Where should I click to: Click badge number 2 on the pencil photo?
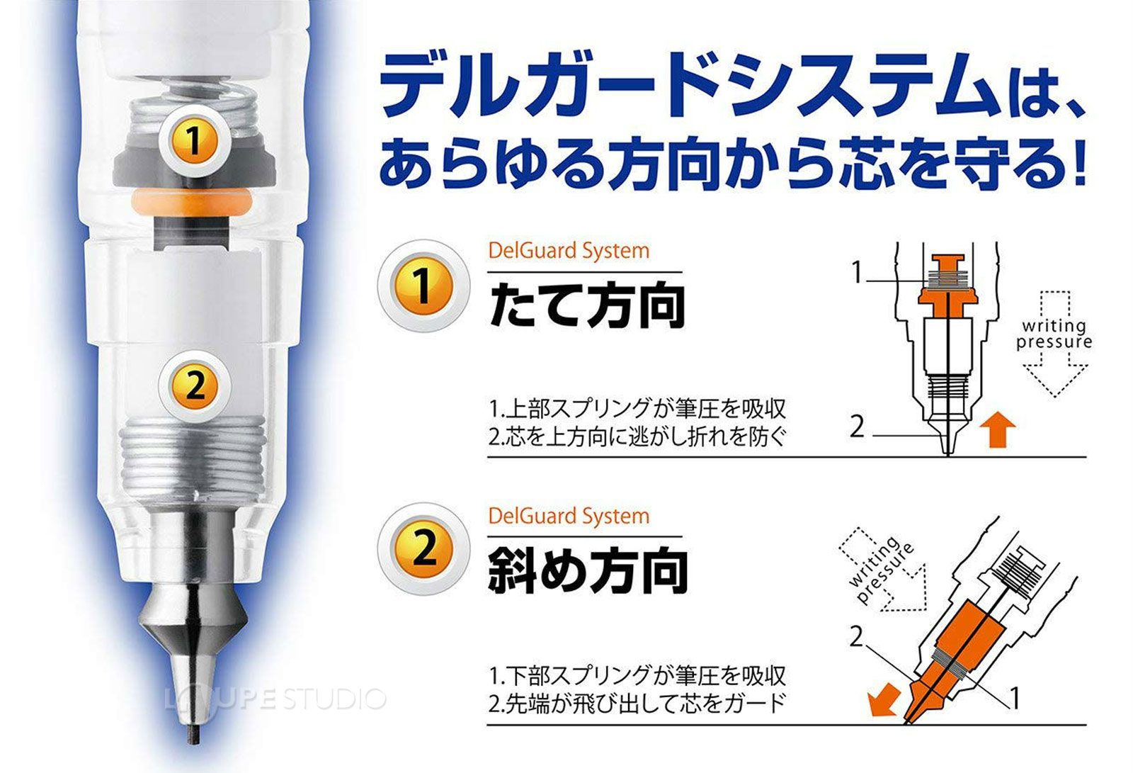[195, 386]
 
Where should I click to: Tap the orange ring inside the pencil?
[192, 203]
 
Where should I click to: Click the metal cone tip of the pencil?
[193, 624]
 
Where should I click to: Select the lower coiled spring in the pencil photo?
[193, 453]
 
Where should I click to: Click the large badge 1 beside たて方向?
[423, 286]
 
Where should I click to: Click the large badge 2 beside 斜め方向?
[423, 549]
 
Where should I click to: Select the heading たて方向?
[586, 306]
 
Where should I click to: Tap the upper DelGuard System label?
[569, 251]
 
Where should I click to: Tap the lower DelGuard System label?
[569, 516]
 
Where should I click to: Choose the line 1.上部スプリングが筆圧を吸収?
[637, 410]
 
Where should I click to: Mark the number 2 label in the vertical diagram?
[858, 427]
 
